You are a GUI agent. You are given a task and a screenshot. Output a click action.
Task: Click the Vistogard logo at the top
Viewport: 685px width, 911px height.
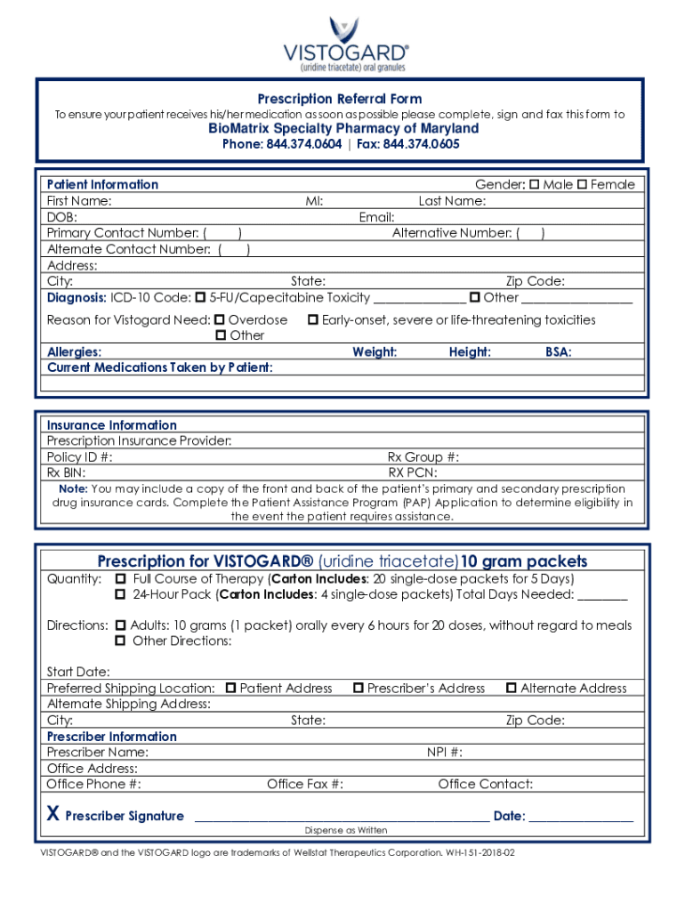(345, 44)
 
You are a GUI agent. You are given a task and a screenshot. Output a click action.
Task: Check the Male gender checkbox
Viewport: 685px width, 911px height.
(535, 185)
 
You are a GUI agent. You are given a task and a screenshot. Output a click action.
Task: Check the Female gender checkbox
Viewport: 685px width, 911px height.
(582, 185)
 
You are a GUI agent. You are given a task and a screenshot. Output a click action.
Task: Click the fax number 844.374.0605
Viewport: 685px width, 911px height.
(421, 144)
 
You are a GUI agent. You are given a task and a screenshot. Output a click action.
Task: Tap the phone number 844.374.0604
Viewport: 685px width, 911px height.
(303, 144)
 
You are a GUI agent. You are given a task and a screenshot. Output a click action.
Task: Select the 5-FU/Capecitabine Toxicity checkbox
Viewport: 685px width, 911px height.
(200, 297)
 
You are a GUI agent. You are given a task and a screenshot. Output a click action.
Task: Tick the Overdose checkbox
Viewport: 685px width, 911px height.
(220, 319)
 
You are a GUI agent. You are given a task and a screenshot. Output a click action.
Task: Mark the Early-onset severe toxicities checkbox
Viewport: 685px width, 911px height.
(313, 319)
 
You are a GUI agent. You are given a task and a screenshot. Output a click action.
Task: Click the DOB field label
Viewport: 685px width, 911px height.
(61, 217)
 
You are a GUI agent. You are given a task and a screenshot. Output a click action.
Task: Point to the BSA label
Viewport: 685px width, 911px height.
(558, 352)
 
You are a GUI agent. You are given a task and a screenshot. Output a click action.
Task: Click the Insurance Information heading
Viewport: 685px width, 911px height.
(111, 425)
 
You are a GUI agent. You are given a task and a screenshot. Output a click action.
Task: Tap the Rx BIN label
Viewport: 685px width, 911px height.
(66, 473)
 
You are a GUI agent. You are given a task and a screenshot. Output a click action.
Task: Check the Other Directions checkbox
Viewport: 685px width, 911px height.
(120, 641)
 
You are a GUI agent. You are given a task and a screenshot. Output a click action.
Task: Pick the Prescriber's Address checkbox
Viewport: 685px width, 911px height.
(359, 688)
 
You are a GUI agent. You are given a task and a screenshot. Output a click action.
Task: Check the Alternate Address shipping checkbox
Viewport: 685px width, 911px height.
(512, 688)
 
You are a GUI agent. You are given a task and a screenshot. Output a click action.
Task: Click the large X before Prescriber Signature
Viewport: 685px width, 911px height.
(52, 815)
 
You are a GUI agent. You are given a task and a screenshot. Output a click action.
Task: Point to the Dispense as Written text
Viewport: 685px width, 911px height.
(345, 830)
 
